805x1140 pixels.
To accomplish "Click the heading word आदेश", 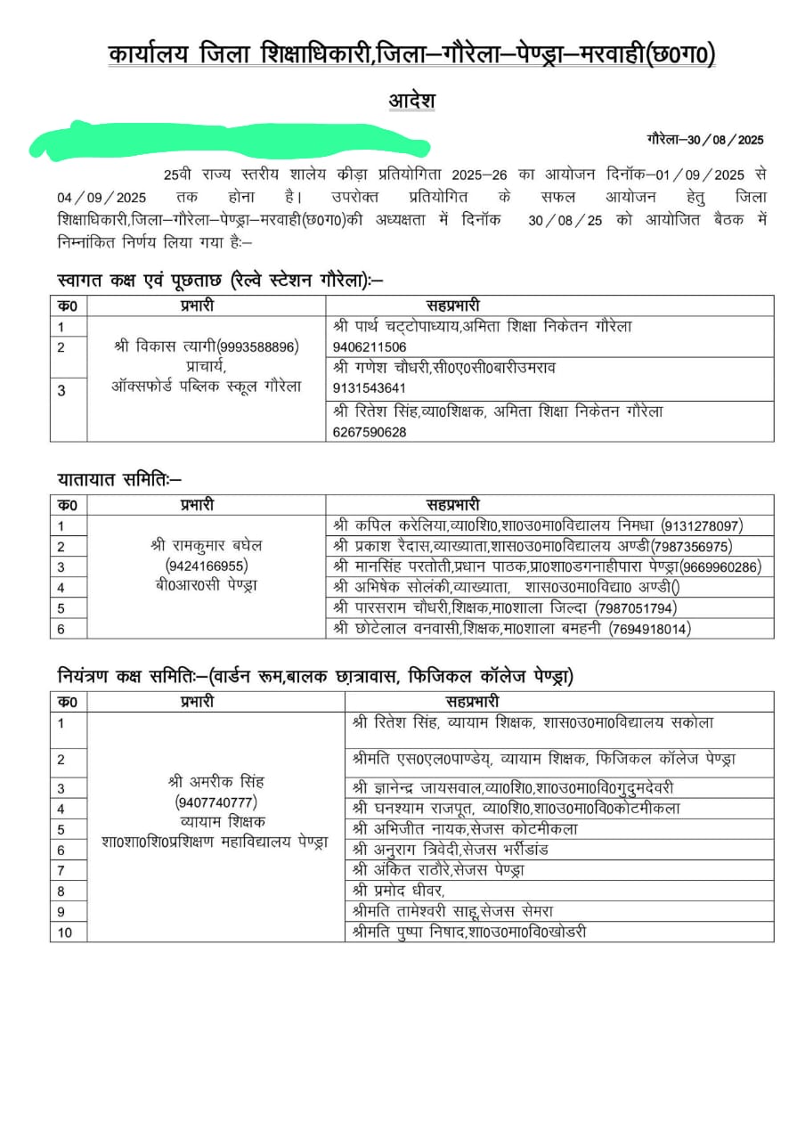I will (411, 100).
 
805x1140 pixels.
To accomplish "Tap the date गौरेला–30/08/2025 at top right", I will (705, 140).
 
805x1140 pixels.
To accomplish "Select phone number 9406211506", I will (370, 346).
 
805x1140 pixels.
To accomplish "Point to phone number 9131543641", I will (370, 388).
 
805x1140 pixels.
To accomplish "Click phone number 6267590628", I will (370, 432).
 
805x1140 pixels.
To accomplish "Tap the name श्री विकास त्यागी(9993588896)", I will (207, 346).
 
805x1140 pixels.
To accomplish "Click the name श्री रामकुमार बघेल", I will (207, 544).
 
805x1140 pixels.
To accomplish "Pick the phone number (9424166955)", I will (207, 565).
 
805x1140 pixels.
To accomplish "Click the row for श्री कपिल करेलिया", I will (538, 525).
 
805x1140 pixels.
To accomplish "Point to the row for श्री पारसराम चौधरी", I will (504, 608).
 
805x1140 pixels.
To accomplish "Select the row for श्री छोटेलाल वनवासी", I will (512, 629).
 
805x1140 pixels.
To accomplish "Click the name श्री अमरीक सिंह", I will (216, 781).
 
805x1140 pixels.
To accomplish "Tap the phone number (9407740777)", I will (216, 802).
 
